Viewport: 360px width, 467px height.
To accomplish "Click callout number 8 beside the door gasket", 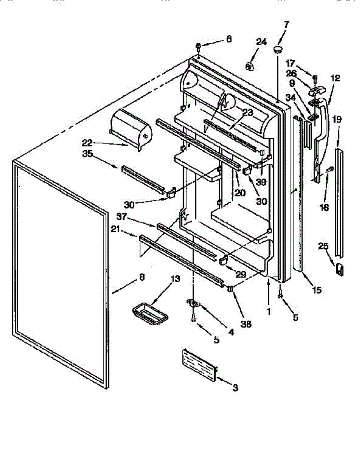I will (142, 277).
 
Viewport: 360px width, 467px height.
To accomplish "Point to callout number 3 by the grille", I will (235, 388).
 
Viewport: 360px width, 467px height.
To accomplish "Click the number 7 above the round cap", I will (286, 24).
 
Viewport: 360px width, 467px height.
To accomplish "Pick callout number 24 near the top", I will (261, 42).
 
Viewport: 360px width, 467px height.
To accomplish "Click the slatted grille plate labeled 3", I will (199, 363).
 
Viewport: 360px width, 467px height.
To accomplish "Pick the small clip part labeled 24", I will (250, 66).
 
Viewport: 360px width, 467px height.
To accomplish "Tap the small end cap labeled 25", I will (340, 269).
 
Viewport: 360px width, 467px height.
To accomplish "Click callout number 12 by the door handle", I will (335, 78).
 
